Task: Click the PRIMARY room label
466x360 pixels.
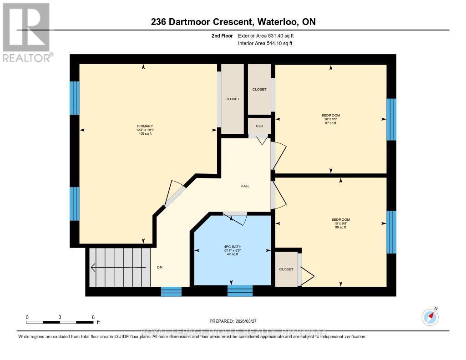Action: [x=145, y=126]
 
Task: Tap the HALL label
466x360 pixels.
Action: [x=245, y=186]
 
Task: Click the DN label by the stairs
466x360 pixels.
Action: [x=159, y=267]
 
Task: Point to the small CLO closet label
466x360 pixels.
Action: [x=259, y=126]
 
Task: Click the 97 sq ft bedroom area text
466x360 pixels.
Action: [x=331, y=123]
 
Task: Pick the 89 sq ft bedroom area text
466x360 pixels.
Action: [x=340, y=227]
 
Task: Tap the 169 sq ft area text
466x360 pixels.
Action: [x=145, y=134]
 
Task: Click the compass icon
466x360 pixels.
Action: [x=430, y=317]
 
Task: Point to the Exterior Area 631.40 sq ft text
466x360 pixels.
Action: [x=269, y=35]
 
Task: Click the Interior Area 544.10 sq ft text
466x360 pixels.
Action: [x=265, y=43]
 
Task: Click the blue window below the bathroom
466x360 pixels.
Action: [x=240, y=291]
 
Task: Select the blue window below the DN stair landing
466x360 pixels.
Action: [x=171, y=291]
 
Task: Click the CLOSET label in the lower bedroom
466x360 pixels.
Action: [x=286, y=269]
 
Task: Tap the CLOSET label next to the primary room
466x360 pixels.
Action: [x=232, y=99]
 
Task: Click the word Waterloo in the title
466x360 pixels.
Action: [x=278, y=21]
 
